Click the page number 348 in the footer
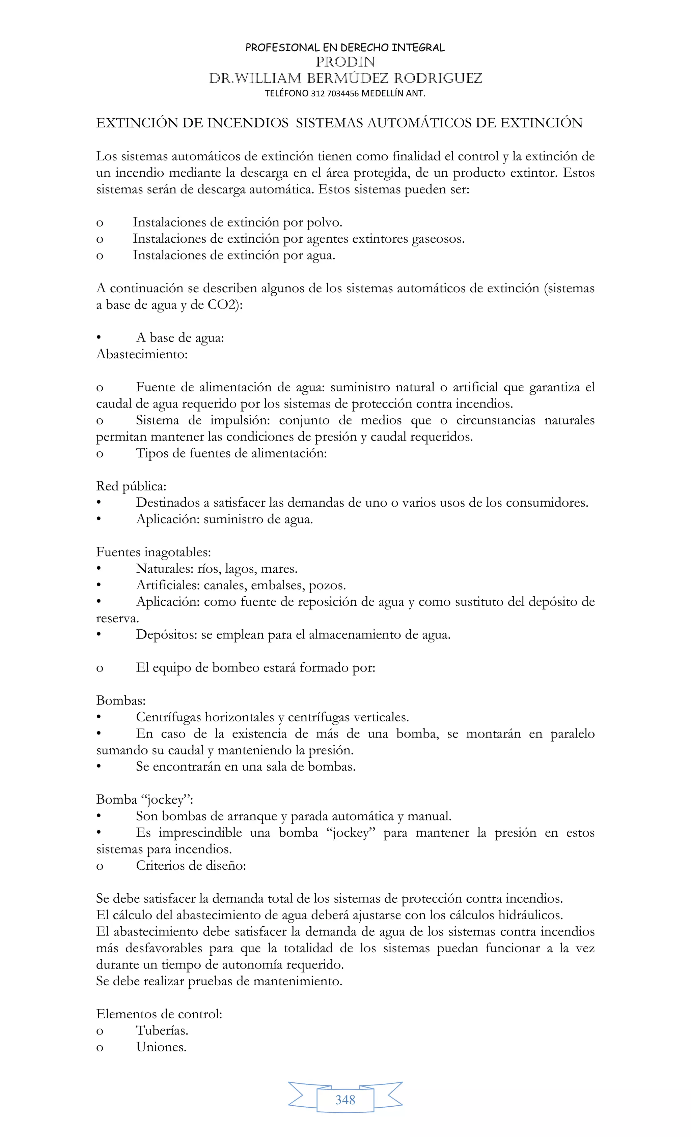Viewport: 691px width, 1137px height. click(345, 1100)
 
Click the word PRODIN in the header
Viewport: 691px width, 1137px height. click(345, 62)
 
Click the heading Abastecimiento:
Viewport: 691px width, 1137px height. click(142, 354)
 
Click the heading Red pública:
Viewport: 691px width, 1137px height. click(131, 486)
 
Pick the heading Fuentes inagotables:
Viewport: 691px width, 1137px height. click(154, 552)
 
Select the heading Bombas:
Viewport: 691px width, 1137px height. click(120, 700)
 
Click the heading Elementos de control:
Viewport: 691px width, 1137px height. click(159, 1014)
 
